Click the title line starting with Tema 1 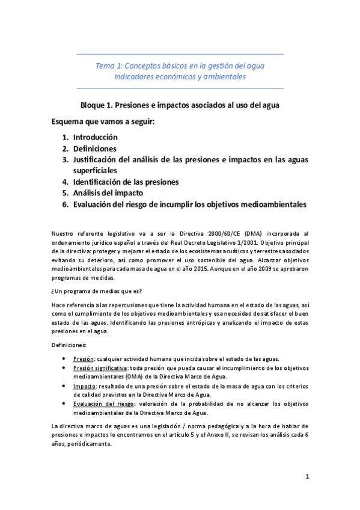tap(180, 65)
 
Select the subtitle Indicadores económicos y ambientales tap(180, 76)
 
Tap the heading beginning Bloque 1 tap(180, 104)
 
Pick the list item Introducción tap(96, 137)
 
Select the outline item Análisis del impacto tap(108, 193)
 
